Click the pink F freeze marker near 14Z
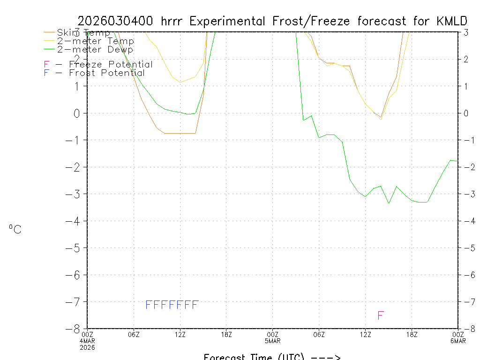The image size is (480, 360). tap(381, 315)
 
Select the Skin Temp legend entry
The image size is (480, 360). tap(83, 33)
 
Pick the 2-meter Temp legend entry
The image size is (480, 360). tap(95, 41)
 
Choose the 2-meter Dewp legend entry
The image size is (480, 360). tap(95, 49)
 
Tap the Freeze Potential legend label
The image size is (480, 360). tap(111, 65)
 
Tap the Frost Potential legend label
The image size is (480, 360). tap(107, 73)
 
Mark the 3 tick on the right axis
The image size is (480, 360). tap(466, 32)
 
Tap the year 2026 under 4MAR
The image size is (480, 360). tap(87, 347)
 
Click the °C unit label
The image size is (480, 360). tap(15, 229)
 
